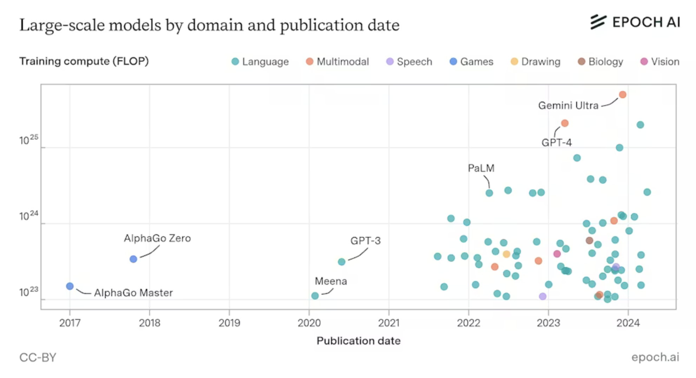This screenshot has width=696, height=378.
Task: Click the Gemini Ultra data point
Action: tap(622, 95)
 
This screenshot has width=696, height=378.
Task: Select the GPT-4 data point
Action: tap(565, 123)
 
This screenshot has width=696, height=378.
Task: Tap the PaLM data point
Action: tap(489, 193)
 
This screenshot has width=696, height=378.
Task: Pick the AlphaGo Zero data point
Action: tap(133, 259)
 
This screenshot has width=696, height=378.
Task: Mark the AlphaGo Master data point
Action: tap(70, 286)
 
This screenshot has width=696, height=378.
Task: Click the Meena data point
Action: tap(315, 296)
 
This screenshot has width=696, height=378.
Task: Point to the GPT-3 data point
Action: tap(341, 262)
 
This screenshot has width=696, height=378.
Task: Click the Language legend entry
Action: tap(260, 62)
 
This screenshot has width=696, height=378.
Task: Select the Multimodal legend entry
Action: tap(337, 62)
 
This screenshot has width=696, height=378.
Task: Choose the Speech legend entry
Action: tap(409, 62)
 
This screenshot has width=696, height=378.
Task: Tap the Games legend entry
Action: tap(472, 62)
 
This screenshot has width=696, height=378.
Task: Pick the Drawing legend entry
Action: tap(536, 62)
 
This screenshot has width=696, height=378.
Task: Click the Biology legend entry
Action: tap(600, 62)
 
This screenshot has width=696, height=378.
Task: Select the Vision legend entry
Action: tap(660, 62)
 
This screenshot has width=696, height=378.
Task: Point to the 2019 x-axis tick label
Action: tap(229, 323)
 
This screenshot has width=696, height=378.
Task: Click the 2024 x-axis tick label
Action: tap(628, 323)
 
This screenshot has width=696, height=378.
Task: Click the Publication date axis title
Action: tap(359, 341)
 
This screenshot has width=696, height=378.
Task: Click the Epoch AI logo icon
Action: tap(598, 22)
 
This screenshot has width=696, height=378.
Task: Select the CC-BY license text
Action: tap(38, 357)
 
